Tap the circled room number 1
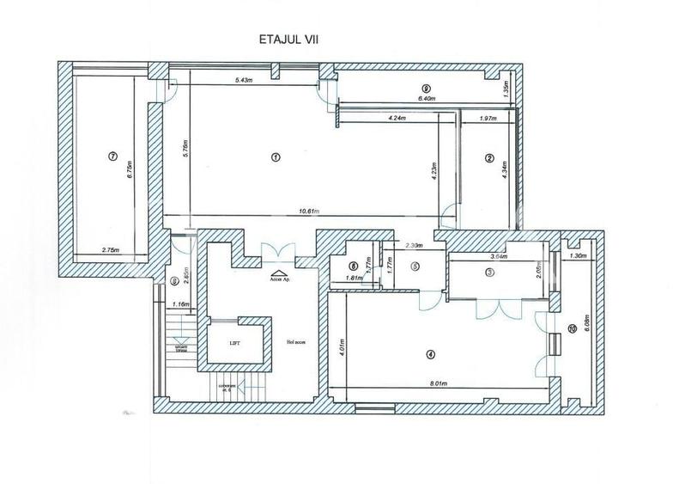(275, 156)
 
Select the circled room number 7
(112, 156)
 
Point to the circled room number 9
(426, 89)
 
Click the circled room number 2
(488, 157)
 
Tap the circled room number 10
(573, 327)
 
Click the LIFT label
(234, 342)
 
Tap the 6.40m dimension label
(427, 99)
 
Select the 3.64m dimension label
(497, 255)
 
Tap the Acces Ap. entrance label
(280, 279)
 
